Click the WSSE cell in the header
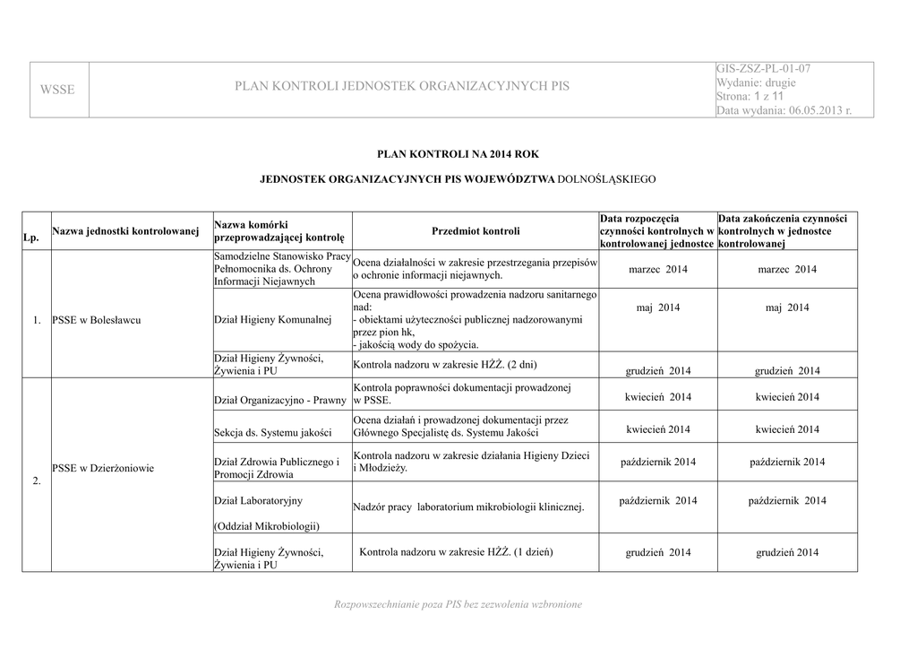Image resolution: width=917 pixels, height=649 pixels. [57, 89]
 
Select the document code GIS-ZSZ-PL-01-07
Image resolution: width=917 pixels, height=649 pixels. [764, 69]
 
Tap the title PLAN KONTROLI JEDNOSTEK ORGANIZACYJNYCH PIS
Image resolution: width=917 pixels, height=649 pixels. [401, 87]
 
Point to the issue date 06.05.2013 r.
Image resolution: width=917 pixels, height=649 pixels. [819, 110]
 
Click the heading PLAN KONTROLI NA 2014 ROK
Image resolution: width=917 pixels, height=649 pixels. [457, 154]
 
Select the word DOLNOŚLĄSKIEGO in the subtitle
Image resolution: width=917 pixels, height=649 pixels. [606, 179]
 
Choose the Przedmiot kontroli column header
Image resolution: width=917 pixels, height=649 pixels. [476, 231]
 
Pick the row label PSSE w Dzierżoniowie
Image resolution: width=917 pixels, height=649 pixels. [103, 468]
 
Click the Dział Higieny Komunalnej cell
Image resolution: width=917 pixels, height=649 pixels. [272, 320]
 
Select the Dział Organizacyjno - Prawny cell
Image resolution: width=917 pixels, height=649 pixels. [280, 401]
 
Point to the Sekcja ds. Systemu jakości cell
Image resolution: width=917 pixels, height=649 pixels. [272, 433]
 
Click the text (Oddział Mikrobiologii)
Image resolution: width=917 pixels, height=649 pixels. [267, 525]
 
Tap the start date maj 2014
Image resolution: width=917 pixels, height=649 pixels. [657, 308]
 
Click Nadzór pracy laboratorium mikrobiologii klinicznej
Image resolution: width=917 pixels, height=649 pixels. [468, 507]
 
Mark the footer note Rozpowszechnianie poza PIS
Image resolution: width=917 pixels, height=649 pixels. [457, 605]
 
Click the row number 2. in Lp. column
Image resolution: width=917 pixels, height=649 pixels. [37, 482]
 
